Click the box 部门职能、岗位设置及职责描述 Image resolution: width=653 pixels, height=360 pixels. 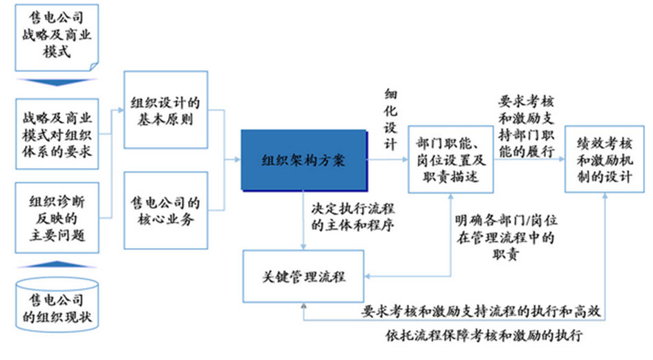[452, 160]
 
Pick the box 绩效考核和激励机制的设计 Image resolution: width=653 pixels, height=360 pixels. [605, 160]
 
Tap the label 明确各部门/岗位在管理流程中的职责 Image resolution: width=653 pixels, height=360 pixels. [507, 237]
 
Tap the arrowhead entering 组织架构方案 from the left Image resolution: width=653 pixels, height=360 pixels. [236, 160]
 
